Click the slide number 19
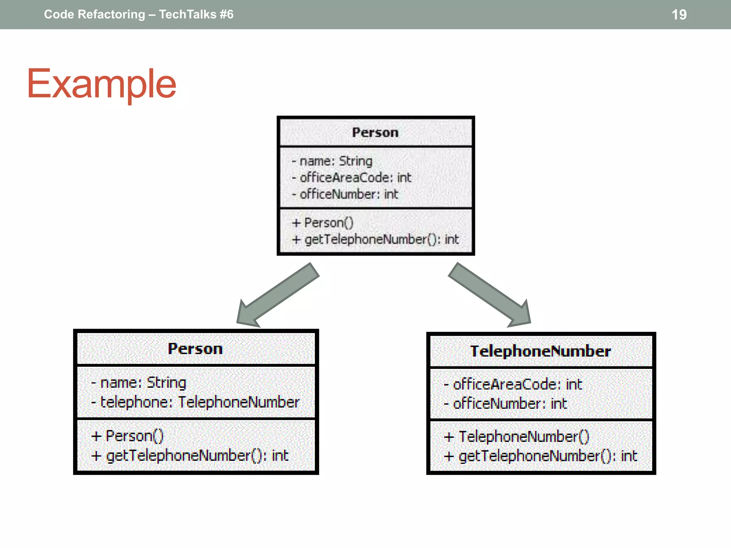click(679, 15)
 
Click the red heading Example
click(102, 84)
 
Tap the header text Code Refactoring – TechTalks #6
click(138, 15)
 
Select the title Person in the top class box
click(375, 132)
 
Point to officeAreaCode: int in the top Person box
click(355, 178)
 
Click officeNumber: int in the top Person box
click(348, 194)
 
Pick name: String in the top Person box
click(336, 161)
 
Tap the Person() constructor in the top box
click(328, 223)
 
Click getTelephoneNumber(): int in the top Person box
click(381, 239)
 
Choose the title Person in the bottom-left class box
click(195, 349)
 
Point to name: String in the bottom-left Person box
click(143, 383)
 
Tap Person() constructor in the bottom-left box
click(134, 436)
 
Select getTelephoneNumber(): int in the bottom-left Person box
click(197, 456)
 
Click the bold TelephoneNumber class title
click(540, 351)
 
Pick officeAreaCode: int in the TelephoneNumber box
click(517, 385)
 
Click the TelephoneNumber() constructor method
click(523, 437)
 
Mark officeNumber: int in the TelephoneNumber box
click(510, 404)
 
